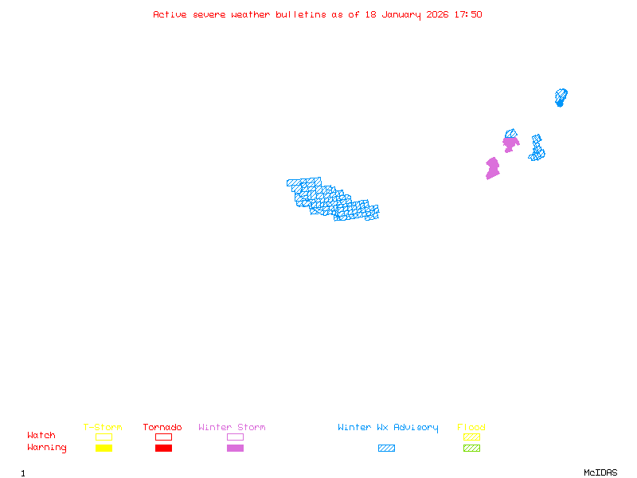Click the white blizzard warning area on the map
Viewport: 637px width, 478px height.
pos(328,180)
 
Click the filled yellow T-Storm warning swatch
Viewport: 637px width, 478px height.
pos(104,448)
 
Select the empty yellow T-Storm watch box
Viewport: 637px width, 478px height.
pos(104,437)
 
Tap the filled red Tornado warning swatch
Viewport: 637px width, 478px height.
pos(163,448)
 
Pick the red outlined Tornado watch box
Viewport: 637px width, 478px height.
pos(163,437)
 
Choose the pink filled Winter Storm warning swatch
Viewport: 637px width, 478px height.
pos(235,448)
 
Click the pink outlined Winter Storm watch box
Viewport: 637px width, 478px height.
pos(235,437)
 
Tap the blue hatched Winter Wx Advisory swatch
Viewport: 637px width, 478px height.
pos(386,448)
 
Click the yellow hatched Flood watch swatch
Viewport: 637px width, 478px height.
pos(471,437)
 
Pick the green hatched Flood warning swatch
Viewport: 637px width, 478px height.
pos(471,448)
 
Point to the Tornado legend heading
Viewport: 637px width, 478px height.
pos(162,428)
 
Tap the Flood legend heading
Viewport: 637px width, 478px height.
pos(471,428)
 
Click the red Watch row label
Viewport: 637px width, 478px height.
pos(41,436)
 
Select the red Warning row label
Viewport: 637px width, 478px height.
pos(47,448)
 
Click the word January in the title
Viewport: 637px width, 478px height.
pos(404,14)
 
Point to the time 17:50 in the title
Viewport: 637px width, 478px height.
pos(468,14)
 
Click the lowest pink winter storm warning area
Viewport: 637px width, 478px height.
pos(493,168)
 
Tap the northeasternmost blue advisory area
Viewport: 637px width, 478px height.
pos(561,97)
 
